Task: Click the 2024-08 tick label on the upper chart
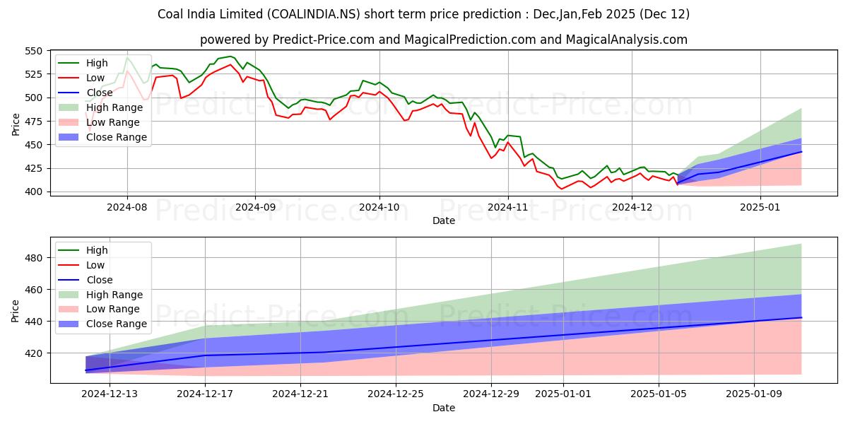point(127,207)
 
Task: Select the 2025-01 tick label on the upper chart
point(760,207)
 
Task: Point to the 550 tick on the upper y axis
point(35,51)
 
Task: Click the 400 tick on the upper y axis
point(35,192)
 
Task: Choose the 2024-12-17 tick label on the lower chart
point(205,394)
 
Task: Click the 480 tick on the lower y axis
point(35,258)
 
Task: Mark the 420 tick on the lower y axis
point(35,353)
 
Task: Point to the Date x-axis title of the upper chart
point(444,220)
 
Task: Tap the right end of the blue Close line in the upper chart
point(801,151)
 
